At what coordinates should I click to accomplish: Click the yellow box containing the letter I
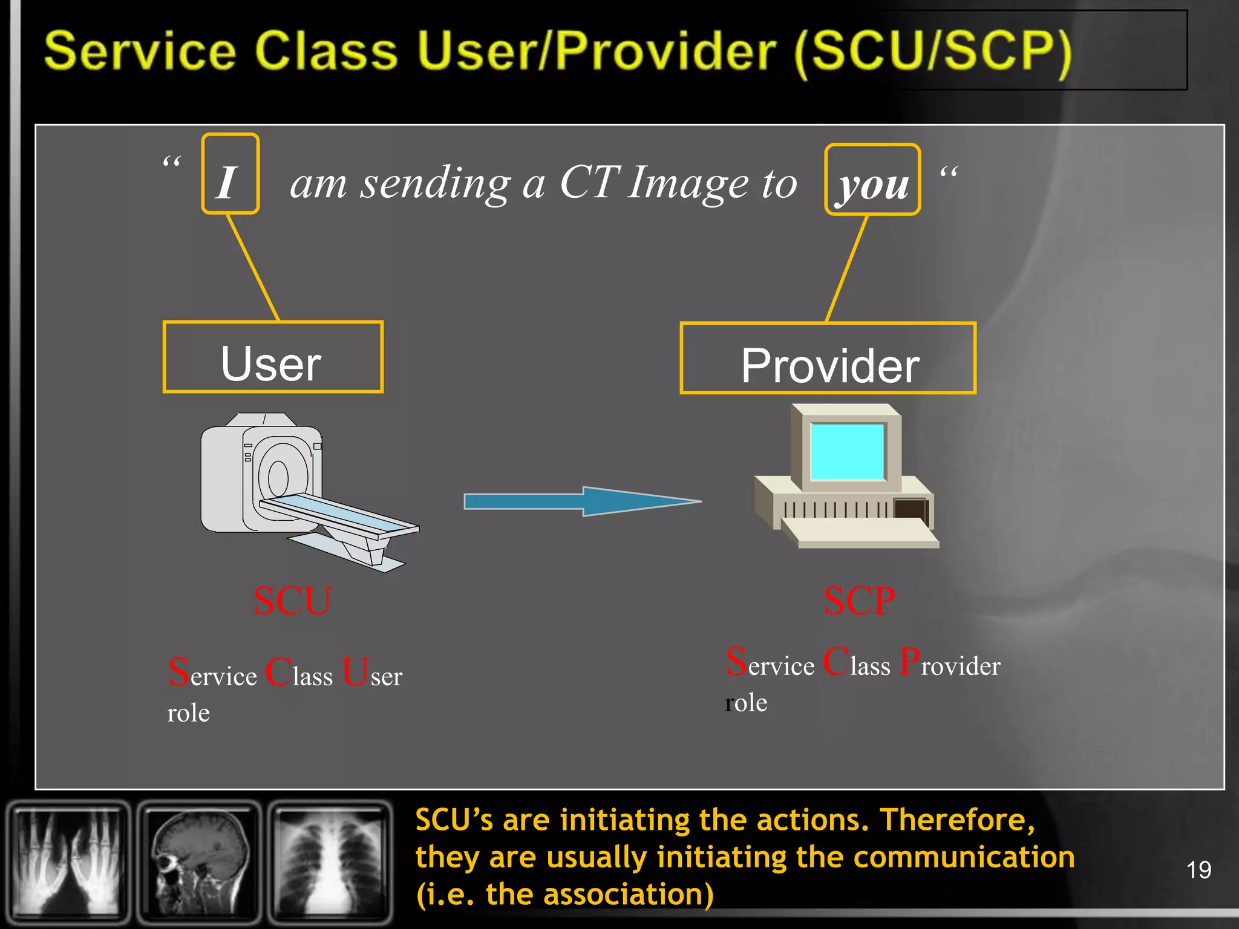pyautogui.click(x=230, y=174)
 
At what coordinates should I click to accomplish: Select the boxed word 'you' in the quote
pyautogui.click(x=872, y=180)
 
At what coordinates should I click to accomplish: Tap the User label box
pyautogui.click(x=273, y=357)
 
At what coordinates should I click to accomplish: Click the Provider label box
pyautogui.click(x=828, y=359)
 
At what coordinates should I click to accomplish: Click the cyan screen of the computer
pyautogui.click(x=847, y=451)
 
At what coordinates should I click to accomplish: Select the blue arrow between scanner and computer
pyautogui.click(x=581, y=501)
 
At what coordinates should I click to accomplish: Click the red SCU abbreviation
pyautogui.click(x=292, y=601)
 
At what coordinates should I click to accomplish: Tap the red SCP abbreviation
pyautogui.click(x=859, y=601)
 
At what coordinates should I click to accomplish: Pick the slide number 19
pyautogui.click(x=1198, y=870)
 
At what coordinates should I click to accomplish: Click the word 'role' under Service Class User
pyautogui.click(x=188, y=714)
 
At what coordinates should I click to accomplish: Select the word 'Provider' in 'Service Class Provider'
pyautogui.click(x=950, y=664)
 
